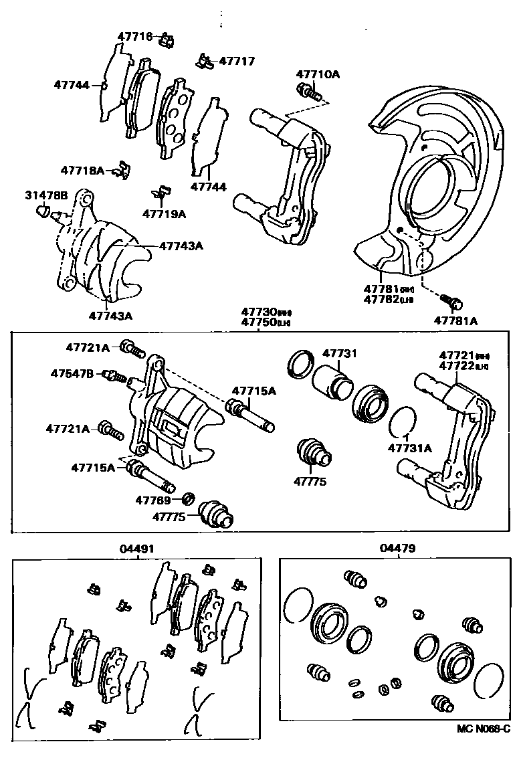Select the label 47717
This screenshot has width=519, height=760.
click(x=237, y=61)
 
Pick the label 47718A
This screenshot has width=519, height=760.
click(x=82, y=171)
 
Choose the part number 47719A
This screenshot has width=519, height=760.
click(x=164, y=214)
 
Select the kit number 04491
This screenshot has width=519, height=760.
click(x=136, y=548)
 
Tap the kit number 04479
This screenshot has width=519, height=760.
click(x=397, y=548)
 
